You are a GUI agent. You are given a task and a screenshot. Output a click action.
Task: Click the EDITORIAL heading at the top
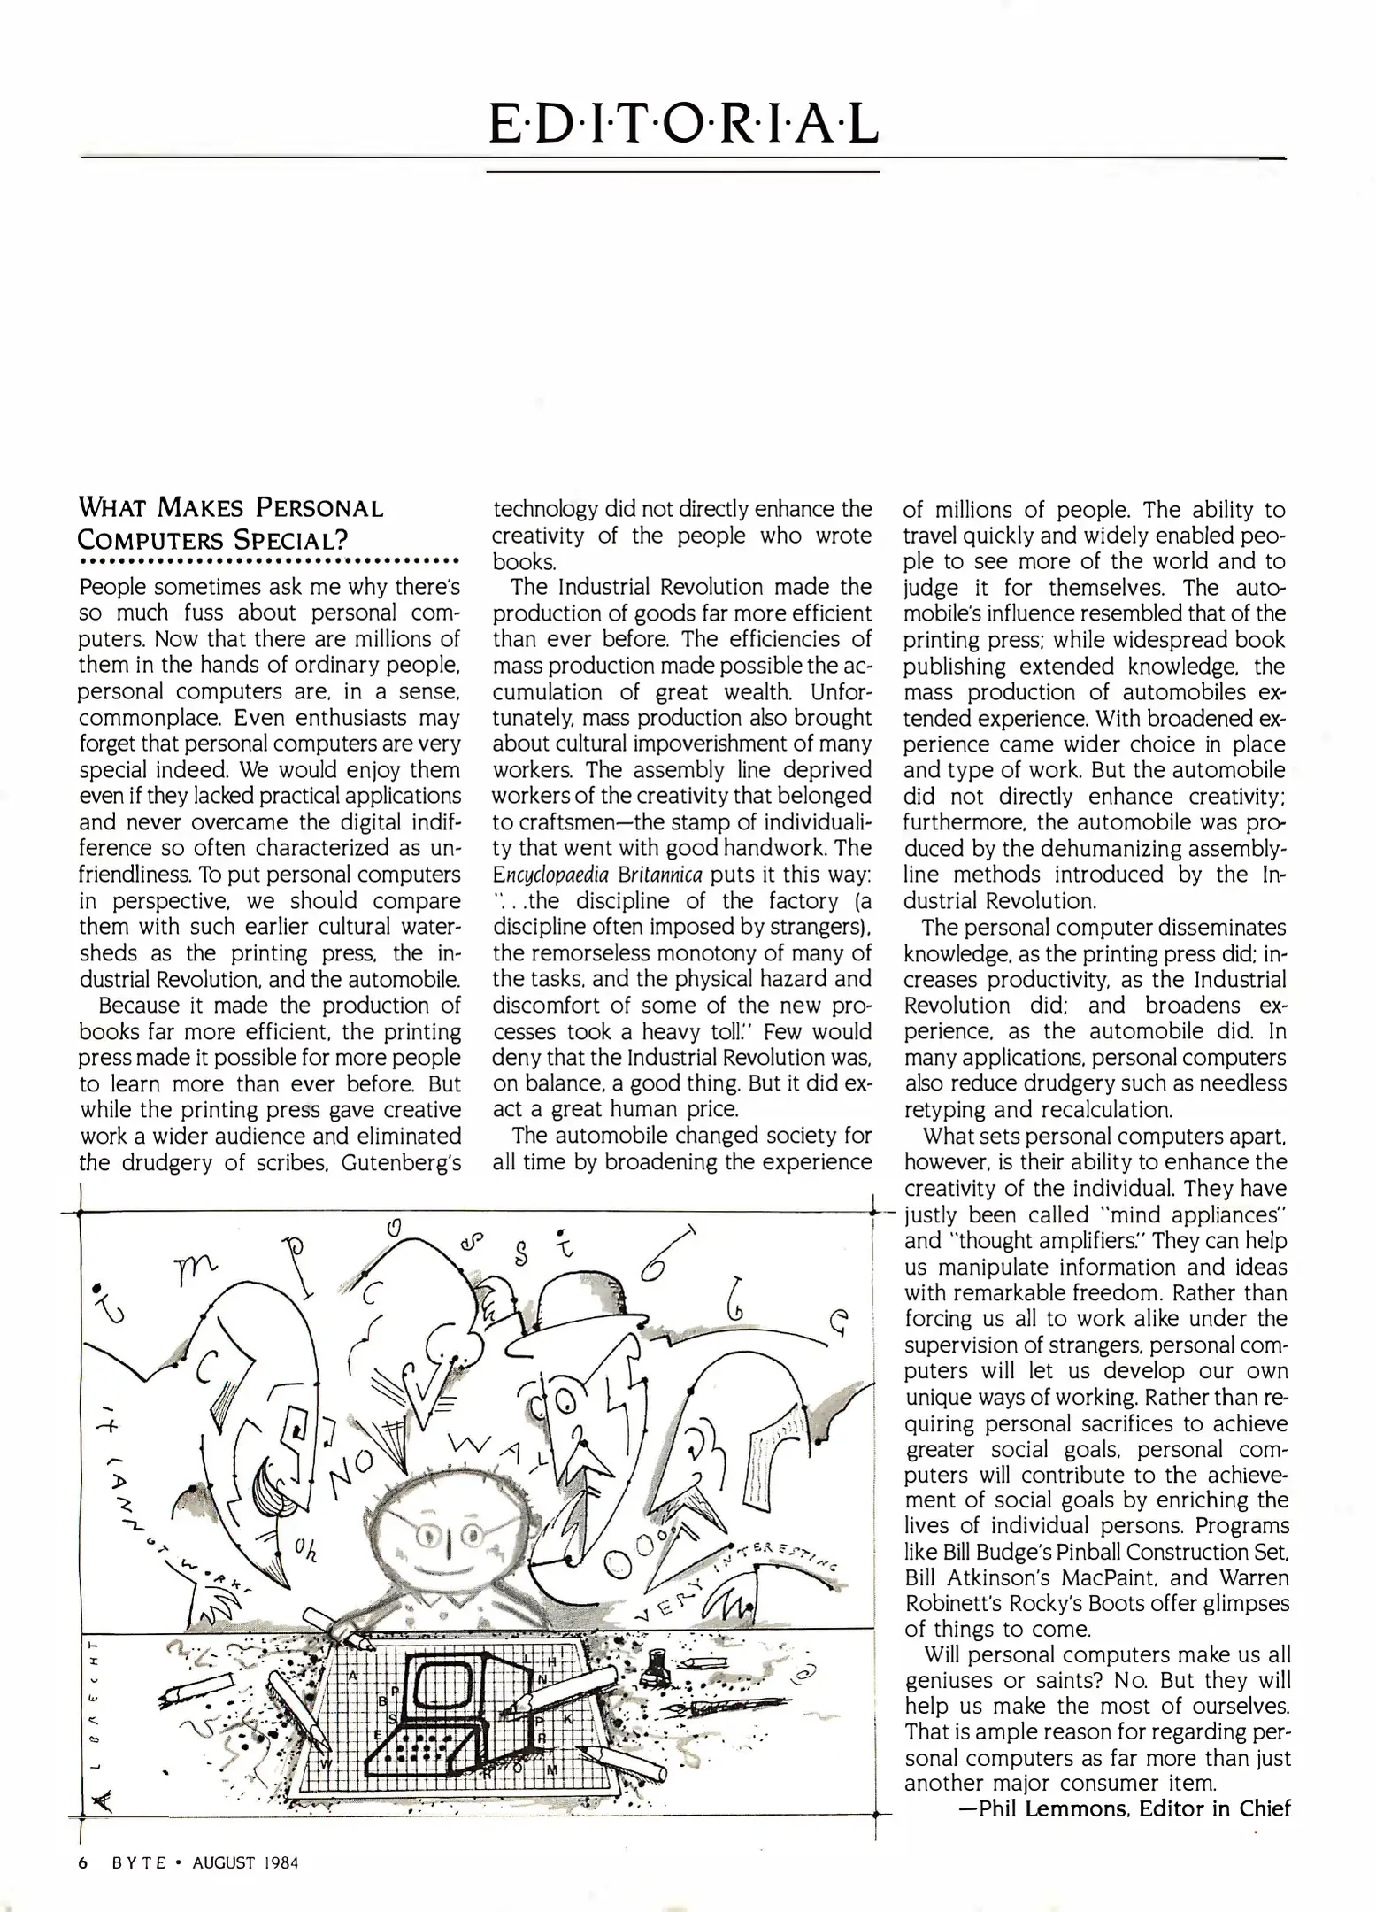click(x=683, y=125)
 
